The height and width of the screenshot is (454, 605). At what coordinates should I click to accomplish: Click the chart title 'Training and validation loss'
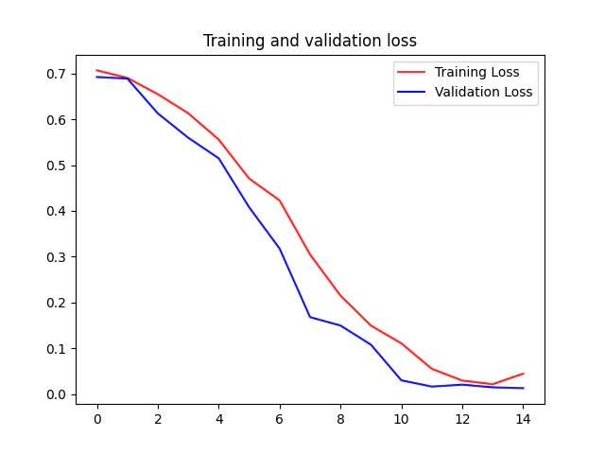coord(310,41)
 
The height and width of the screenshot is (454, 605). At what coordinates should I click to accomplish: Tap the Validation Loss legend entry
coord(483,92)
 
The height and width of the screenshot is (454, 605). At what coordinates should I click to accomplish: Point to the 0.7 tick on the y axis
coord(58,74)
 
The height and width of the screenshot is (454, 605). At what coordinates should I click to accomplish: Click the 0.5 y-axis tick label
coord(58,166)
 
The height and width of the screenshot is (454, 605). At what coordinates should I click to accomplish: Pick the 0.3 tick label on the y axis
coord(58,257)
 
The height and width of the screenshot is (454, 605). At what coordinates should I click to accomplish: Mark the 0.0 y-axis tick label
coord(58,394)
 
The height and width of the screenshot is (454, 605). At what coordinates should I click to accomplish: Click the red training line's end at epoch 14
coord(523,374)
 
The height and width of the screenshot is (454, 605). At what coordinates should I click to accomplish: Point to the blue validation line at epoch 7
coord(310,317)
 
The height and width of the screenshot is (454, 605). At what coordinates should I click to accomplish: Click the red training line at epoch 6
coord(280,201)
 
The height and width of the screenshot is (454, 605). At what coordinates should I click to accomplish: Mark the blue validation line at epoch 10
coord(401,380)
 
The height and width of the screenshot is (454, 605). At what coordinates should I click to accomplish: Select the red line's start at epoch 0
coord(97,71)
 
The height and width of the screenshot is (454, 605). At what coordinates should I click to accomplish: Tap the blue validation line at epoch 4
coord(218,158)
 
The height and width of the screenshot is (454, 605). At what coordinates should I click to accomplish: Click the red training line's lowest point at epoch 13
coord(493,384)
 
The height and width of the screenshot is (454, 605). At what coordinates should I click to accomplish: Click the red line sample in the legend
coord(412,72)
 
